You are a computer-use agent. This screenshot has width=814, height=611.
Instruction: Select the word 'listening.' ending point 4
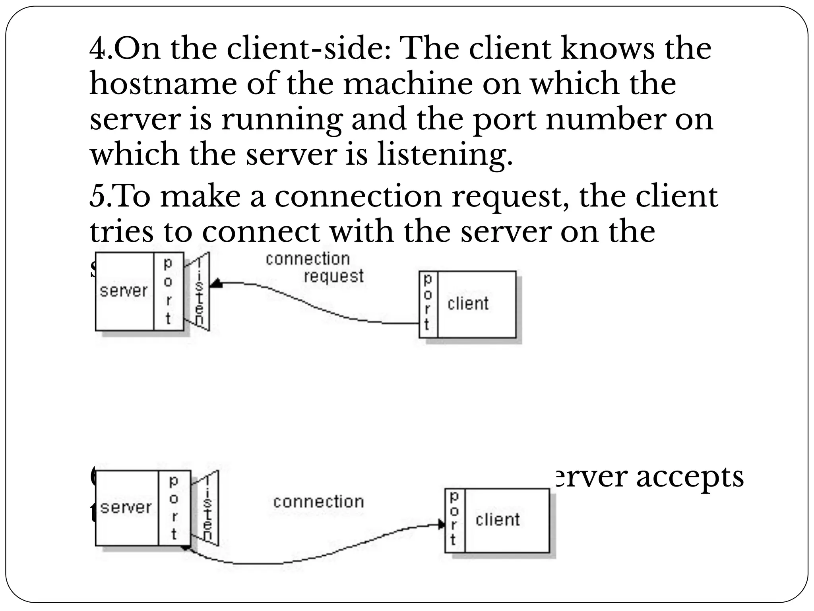445,154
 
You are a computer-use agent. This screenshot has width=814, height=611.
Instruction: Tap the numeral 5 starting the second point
97,197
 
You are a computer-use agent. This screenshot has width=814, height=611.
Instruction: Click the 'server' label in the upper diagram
124,291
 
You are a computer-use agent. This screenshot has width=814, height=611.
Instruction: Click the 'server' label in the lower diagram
126,508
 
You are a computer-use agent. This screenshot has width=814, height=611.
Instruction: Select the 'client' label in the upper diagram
468,304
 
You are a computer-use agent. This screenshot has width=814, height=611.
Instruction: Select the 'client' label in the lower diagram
498,520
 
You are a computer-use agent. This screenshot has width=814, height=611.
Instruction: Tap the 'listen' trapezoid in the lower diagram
208,508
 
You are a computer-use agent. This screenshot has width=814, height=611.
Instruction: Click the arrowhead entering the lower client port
442,524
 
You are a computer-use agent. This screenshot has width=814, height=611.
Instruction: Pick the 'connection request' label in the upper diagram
314,267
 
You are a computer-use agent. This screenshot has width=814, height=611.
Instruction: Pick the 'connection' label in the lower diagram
318,502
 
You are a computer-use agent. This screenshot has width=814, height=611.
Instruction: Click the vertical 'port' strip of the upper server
169,291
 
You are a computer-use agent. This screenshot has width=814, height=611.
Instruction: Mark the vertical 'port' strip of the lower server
174,508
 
